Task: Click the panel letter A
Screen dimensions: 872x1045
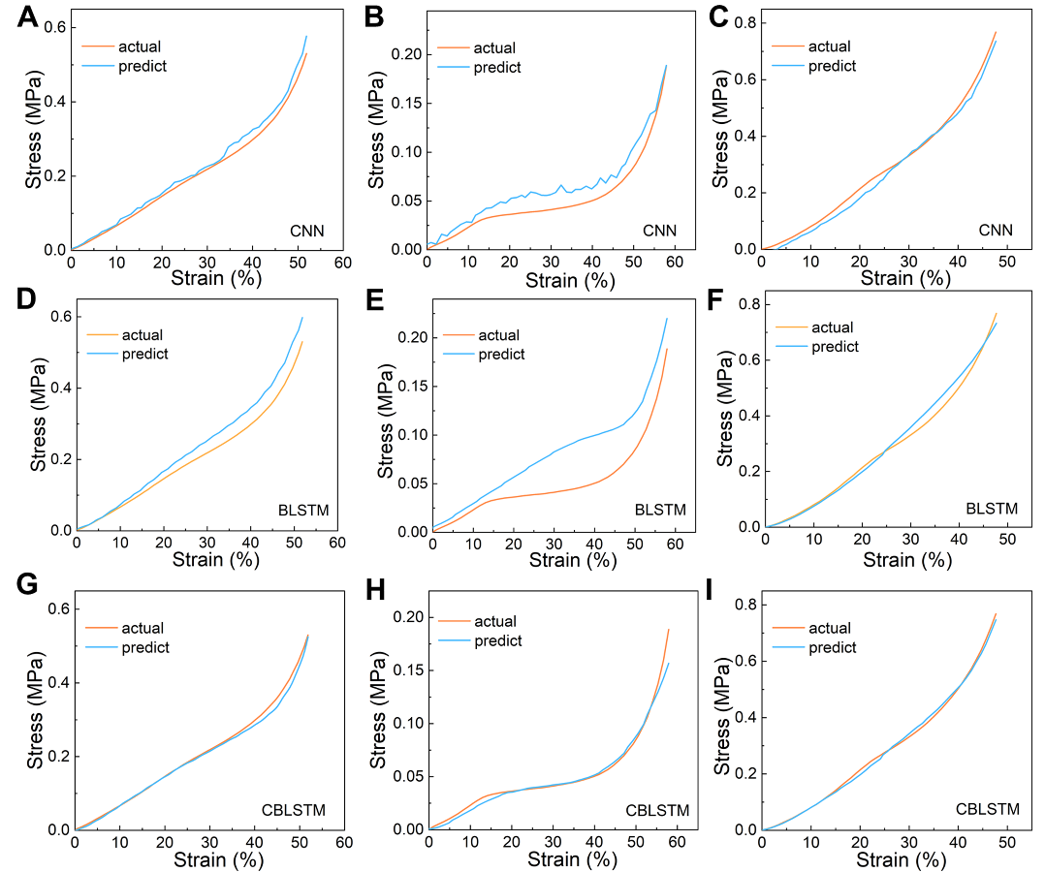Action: click(28, 19)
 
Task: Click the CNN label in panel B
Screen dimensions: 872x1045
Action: click(659, 231)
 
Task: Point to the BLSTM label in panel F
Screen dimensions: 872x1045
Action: click(990, 509)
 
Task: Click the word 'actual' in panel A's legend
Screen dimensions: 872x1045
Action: click(140, 46)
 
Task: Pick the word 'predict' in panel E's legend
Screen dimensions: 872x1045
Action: click(502, 354)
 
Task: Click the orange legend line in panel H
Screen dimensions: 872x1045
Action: click(452, 622)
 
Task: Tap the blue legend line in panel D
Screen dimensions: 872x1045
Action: click(101, 354)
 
